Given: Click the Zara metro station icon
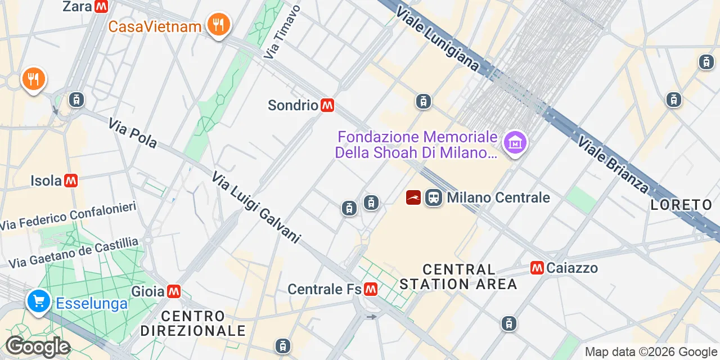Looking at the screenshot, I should (x=101, y=6).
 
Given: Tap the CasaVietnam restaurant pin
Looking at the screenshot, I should (x=218, y=25).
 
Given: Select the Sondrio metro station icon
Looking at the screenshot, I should (x=327, y=105).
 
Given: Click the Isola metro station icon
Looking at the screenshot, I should (x=70, y=181).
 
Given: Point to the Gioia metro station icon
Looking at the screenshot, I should (x=173, y=291).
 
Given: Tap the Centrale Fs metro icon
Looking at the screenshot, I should (x=370, y=289).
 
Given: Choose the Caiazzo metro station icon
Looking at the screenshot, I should (x=537, y=268).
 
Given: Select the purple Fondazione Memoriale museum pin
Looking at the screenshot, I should (x=515, y=143).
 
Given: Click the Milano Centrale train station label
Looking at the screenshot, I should (x=498, y=197).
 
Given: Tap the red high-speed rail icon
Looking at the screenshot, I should (x=413, y=197).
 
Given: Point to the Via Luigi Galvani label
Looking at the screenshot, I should (x=256, y=208).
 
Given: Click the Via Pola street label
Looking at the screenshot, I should (x=133, y=133).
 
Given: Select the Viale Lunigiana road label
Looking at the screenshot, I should (x=437, y=39).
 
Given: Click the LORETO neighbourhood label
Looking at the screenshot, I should (x=681, y=205).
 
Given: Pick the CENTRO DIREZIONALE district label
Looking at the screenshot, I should (x=193, y=323).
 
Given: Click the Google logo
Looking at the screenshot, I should (x=37, y=347).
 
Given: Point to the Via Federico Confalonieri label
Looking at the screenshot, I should (x=69, y=216).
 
